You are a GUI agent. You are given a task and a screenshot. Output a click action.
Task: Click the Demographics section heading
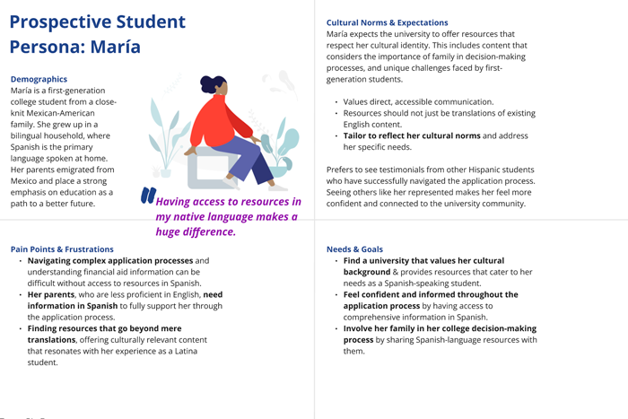pos(39,79)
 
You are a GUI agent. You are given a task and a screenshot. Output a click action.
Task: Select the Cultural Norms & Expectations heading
pos(387,22)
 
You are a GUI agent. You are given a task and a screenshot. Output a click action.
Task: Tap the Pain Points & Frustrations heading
pos(62,249)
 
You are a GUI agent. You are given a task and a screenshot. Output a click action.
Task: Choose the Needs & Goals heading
pos(354,249)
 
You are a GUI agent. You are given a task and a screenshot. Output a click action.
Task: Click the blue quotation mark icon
pos(148,196)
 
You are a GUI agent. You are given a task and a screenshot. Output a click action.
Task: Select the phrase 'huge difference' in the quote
pos(195,231)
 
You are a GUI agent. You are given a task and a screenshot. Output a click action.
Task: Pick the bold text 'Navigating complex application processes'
pos(110,261)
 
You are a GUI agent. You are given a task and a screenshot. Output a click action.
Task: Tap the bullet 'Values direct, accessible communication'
pos(418,101)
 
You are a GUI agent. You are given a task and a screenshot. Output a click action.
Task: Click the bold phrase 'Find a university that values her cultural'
pos(423,261)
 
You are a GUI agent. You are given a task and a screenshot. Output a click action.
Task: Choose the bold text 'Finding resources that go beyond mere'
pos(104,328)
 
